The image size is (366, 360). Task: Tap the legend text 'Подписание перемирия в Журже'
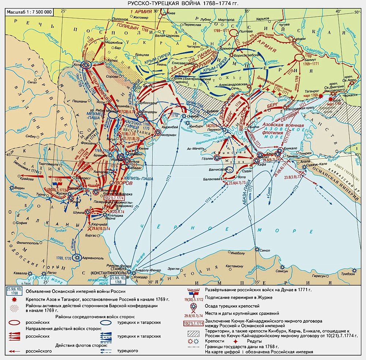click(x=234, y=297)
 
